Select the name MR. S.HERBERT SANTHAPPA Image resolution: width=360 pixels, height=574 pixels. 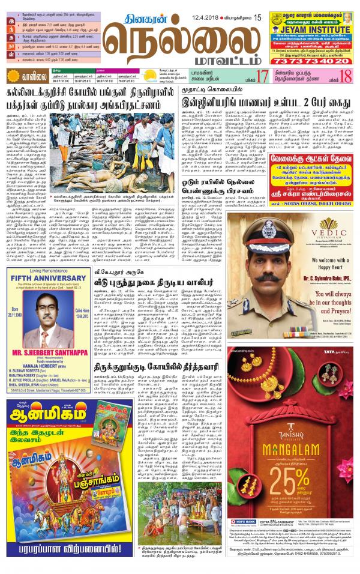[x=63, y=348]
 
